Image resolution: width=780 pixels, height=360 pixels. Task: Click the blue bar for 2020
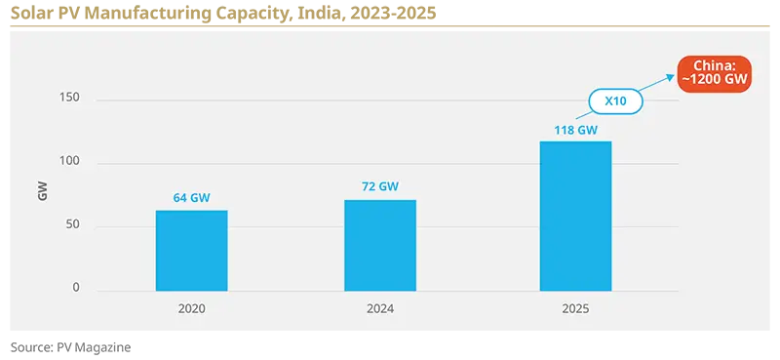(x=192, y=251)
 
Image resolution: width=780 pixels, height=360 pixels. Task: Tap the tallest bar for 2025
(x=575, y=217)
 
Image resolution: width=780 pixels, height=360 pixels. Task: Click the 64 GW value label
(x=192, y=198)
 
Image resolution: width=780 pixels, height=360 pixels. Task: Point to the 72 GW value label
(x=380, y=186)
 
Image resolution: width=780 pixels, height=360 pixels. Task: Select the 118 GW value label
(x=575, y=129)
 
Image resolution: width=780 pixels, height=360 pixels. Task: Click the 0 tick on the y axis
(x=75, y=289)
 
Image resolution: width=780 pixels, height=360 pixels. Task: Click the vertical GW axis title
(x=42, y=192)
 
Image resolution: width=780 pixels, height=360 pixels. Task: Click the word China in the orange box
(x=717, y=64)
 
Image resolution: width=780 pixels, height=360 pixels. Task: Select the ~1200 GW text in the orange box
(x=717, y=82)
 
